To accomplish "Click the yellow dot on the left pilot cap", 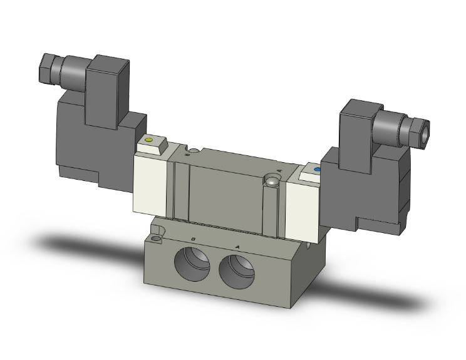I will click(x=148, y=141).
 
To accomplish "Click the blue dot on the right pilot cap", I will click(x=316, y=169).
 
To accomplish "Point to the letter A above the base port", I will click(x=237, y=247).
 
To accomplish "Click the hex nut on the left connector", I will click(x=48, y=64).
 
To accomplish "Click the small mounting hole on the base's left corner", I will click(x=155, y=238).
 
